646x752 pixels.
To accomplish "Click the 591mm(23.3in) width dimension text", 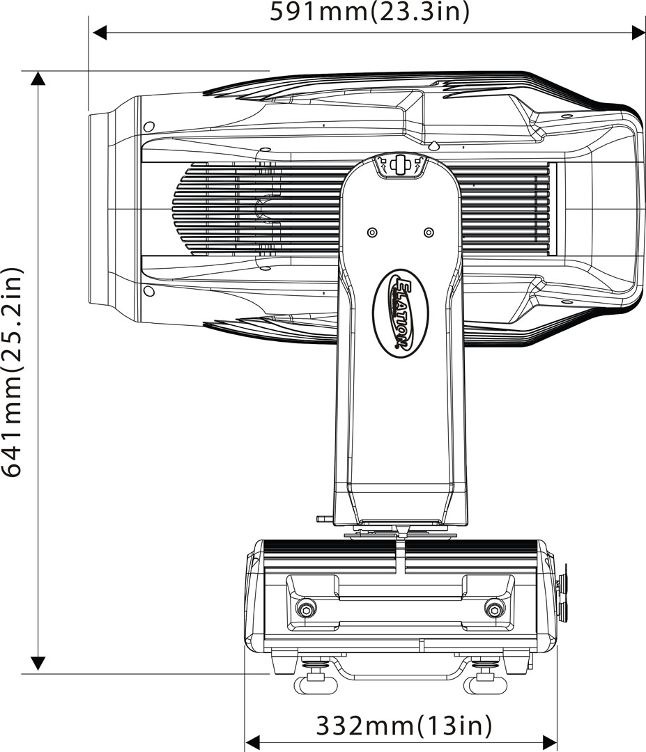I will coord(370,12).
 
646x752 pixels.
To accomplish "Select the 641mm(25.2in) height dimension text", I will coord(13,371).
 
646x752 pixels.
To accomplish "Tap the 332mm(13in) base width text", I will coord(404,726).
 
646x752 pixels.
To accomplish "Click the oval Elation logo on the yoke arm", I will coord(401,313).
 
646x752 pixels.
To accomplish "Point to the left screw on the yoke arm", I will coord(371,232).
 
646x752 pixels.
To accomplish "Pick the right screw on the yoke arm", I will coord(429,232).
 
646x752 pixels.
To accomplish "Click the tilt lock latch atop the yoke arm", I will coord(400,165).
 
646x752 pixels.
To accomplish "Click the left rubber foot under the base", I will coord(315,685).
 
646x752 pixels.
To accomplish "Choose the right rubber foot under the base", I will coord(485,685).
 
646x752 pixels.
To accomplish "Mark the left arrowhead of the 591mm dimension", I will coord(99,32).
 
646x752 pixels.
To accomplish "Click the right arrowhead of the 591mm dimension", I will coord(638,32).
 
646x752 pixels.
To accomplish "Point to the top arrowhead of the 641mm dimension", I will coord(38,78).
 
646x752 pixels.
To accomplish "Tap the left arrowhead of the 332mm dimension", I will coord(253,742).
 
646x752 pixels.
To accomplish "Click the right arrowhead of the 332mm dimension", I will coord(550,742).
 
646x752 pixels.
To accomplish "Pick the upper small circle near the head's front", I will coord(148,127).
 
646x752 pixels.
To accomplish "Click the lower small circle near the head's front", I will coord(148,290).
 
